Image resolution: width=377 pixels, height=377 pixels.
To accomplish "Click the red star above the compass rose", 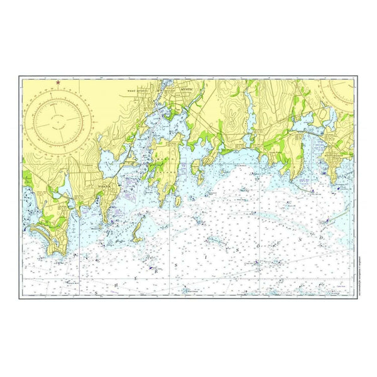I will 58,82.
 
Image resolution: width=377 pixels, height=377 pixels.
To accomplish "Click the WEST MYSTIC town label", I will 139,90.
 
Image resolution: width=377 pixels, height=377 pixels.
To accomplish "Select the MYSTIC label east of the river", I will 188,90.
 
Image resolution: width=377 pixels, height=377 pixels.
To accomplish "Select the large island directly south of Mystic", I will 165,170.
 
